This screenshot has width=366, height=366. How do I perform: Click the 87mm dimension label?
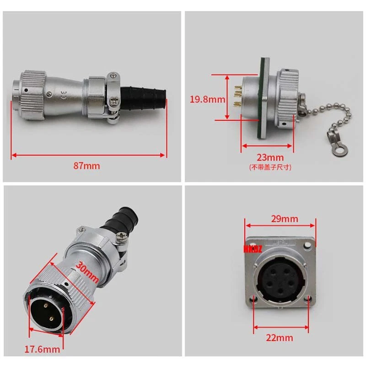(87, 166)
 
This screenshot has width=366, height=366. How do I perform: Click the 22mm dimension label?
(280, 338)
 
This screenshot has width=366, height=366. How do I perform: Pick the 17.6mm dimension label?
(42, 349)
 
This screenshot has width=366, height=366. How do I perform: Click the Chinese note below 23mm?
(270, 167)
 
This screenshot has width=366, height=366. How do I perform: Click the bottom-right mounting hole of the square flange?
(309, 300)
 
